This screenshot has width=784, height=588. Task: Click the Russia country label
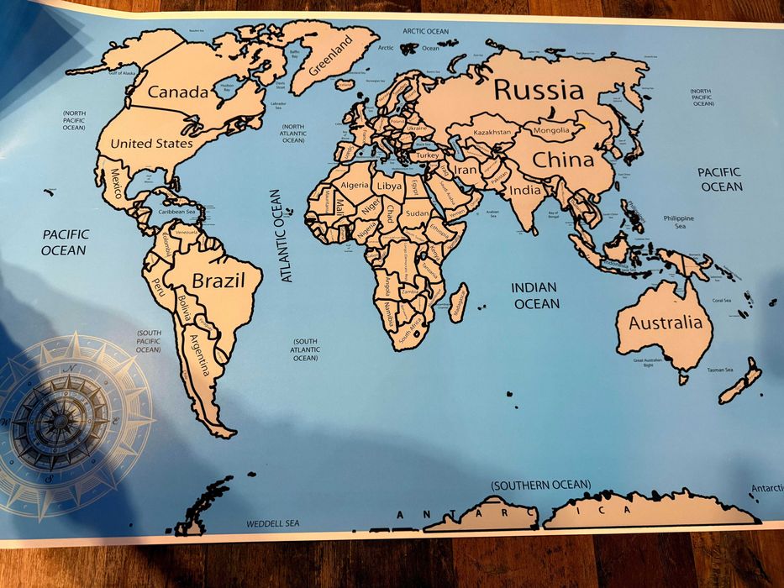[538, 90]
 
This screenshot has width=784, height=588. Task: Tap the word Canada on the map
[177, 92]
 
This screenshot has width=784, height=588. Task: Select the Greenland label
[330, 55]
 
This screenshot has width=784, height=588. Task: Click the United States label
[151, 144]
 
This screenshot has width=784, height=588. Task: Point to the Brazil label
[218, 281]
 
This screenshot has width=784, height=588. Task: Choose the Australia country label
[665, 323]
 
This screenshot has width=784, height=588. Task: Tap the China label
[563, 160]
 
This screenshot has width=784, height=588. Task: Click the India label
[525, 190]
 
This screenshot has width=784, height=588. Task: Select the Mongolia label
[551, 130]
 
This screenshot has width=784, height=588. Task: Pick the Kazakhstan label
[492, 133]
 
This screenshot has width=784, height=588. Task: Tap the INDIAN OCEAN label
[534, 295]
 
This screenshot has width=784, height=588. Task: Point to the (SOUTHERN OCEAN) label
[541, 485]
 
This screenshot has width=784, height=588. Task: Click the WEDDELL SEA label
[272, 523]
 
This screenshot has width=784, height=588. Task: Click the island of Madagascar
[459, 302]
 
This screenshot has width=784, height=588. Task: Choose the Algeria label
[355, 185]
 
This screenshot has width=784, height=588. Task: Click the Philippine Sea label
[678, 222]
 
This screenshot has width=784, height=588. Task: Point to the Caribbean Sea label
[183, 212]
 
